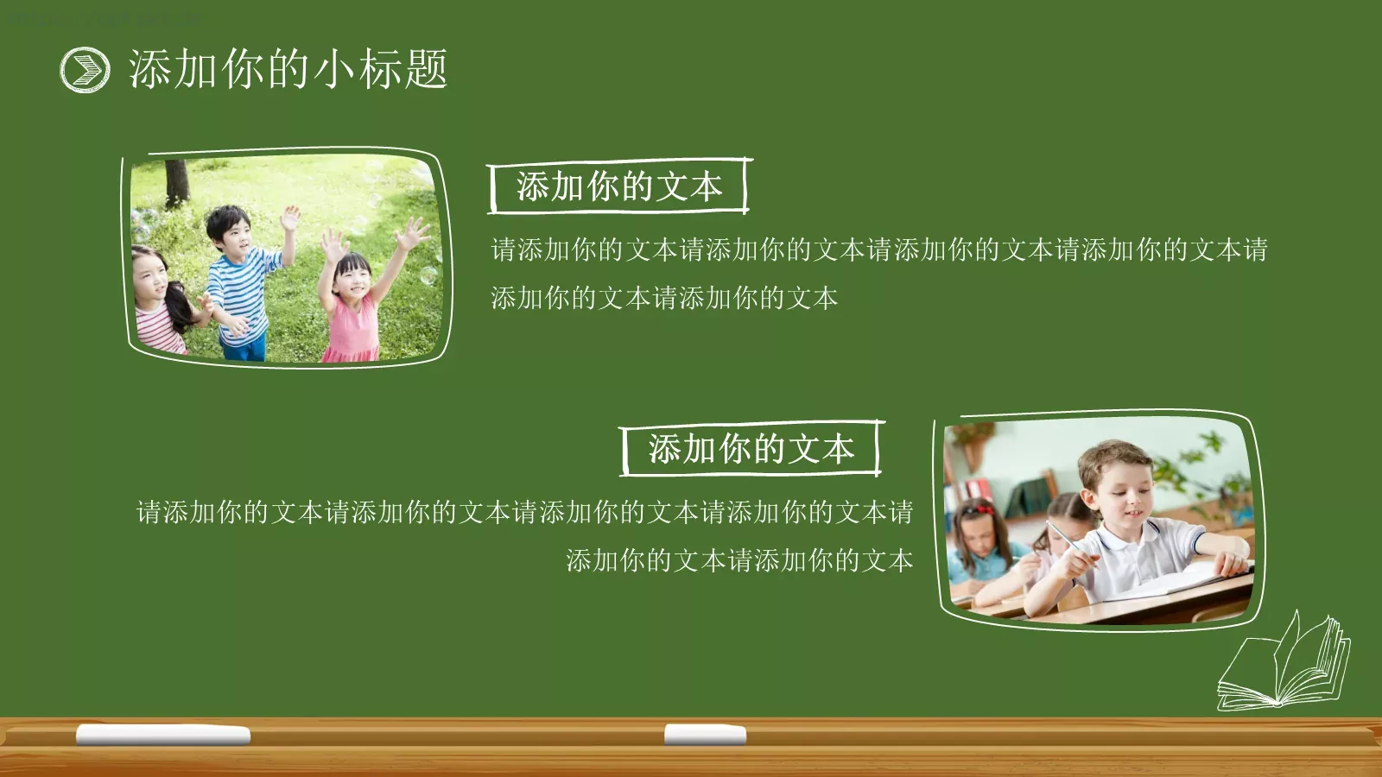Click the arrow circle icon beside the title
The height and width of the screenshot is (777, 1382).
85,69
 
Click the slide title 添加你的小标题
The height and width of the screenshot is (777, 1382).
288,69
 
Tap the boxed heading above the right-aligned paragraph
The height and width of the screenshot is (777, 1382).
751,449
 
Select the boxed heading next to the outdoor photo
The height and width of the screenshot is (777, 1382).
618,186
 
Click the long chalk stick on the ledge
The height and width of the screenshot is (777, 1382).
163,735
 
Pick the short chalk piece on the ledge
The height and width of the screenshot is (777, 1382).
705,735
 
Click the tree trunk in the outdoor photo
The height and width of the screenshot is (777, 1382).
177,181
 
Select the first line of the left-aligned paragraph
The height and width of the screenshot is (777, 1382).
878,250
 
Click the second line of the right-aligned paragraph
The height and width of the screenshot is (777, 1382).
739,561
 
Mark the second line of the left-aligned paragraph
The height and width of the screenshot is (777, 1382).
664,299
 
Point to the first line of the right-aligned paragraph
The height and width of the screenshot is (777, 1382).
524,513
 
